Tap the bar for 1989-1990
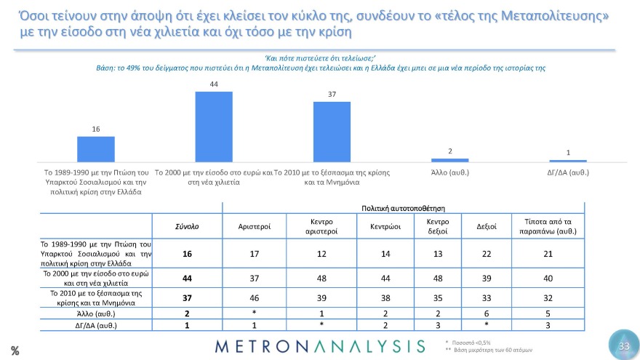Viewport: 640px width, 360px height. (x=96, y=148)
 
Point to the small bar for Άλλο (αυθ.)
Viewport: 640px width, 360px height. (x=449, y=159)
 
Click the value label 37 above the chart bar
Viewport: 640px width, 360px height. (x=332, y=95)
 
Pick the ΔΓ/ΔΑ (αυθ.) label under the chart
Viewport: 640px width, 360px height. (x=567, y=173)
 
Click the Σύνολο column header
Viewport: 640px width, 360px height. (x=187, y=227)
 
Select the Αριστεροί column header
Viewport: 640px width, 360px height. (x=255, y=227)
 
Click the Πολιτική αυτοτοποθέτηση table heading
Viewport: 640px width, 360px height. (x=402, y=209)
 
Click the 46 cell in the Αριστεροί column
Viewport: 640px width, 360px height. (x=255, y=298)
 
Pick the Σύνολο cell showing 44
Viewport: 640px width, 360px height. (x=187, y=277)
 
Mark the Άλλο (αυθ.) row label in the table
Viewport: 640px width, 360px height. (x=95, y=313)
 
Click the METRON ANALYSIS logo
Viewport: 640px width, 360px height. (x=320, y=345)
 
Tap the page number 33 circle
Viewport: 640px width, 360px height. (x=623, y=346)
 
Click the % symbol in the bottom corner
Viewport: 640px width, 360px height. (x=15, y=351)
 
